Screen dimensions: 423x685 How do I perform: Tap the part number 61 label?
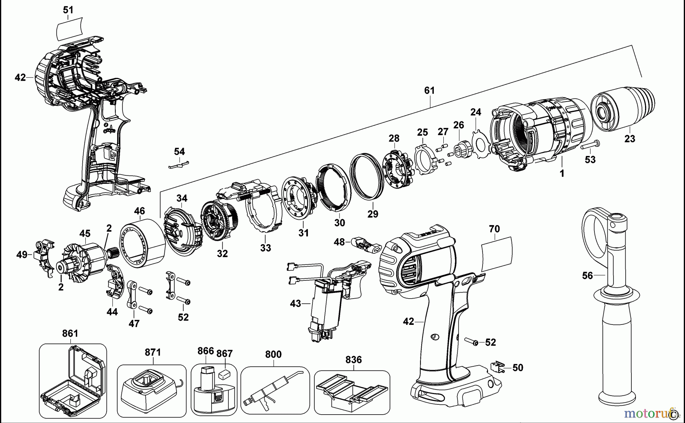pyautogui.click(x=429, y=91)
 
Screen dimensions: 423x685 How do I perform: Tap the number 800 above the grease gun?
pyautogui.click(x=273, y=355)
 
